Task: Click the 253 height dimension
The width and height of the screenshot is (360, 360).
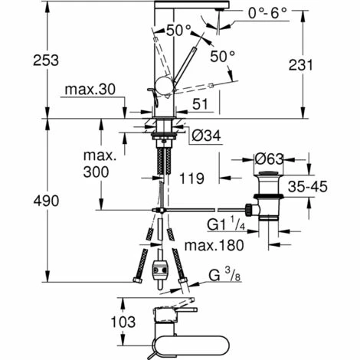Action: coord(46,61)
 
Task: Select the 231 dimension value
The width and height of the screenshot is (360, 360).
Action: coord(301,65)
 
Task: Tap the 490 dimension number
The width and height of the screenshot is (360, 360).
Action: coord(46,201)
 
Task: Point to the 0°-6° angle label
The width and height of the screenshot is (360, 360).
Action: coord(267,13)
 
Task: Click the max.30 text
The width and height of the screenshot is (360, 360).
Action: coord(90,90)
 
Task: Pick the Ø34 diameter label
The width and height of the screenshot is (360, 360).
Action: coord(206,136)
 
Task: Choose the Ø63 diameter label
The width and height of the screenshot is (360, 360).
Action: coord(270,159)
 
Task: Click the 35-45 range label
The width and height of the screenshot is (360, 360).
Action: coord(308,187)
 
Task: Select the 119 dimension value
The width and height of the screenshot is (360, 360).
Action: coord(191,178)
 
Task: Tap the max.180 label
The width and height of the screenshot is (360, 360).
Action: coord(214,245)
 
